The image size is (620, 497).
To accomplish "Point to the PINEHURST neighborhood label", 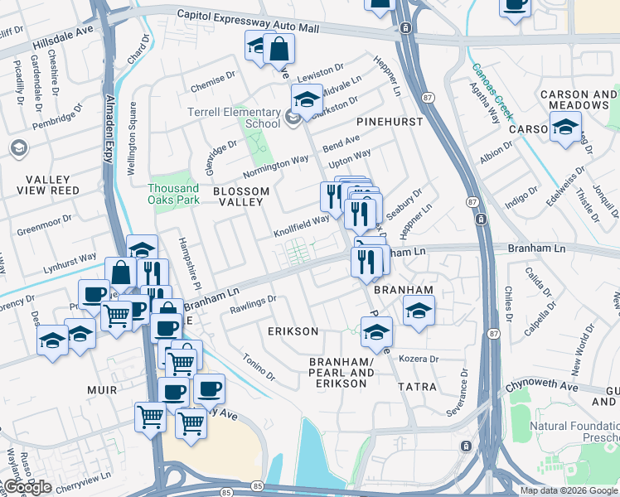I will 390,122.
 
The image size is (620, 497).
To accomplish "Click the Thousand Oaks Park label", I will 173,193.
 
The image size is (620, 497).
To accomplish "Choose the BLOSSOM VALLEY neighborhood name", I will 241,197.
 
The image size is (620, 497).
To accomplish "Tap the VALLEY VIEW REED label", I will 41,185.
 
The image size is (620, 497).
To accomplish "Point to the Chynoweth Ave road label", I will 554,386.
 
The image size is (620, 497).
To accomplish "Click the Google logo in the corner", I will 27,487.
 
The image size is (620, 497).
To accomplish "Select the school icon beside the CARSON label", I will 566,128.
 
